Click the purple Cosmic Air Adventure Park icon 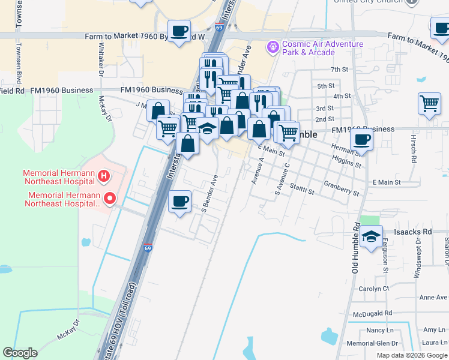[273, 46]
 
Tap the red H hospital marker [104, 176]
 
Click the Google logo [20, 353]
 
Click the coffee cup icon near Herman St [362, 140]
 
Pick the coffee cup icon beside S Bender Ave [180, 202]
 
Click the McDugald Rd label [372, 313]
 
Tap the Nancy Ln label [379, 331]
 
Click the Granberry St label [340, 188]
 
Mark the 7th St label [339, 70]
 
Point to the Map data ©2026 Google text [411, 355]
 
